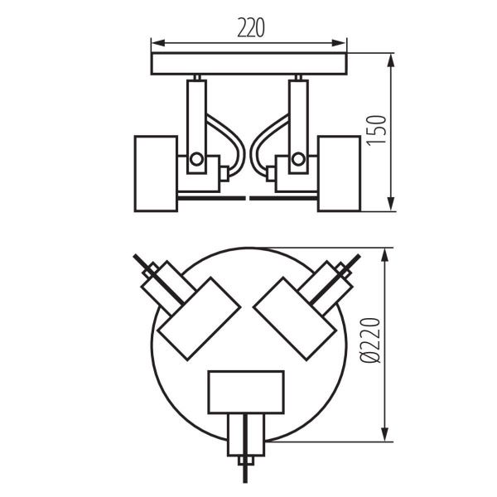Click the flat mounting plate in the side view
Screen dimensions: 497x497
248,65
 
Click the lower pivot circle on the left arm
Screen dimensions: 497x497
196,159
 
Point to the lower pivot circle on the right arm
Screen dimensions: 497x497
298,159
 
